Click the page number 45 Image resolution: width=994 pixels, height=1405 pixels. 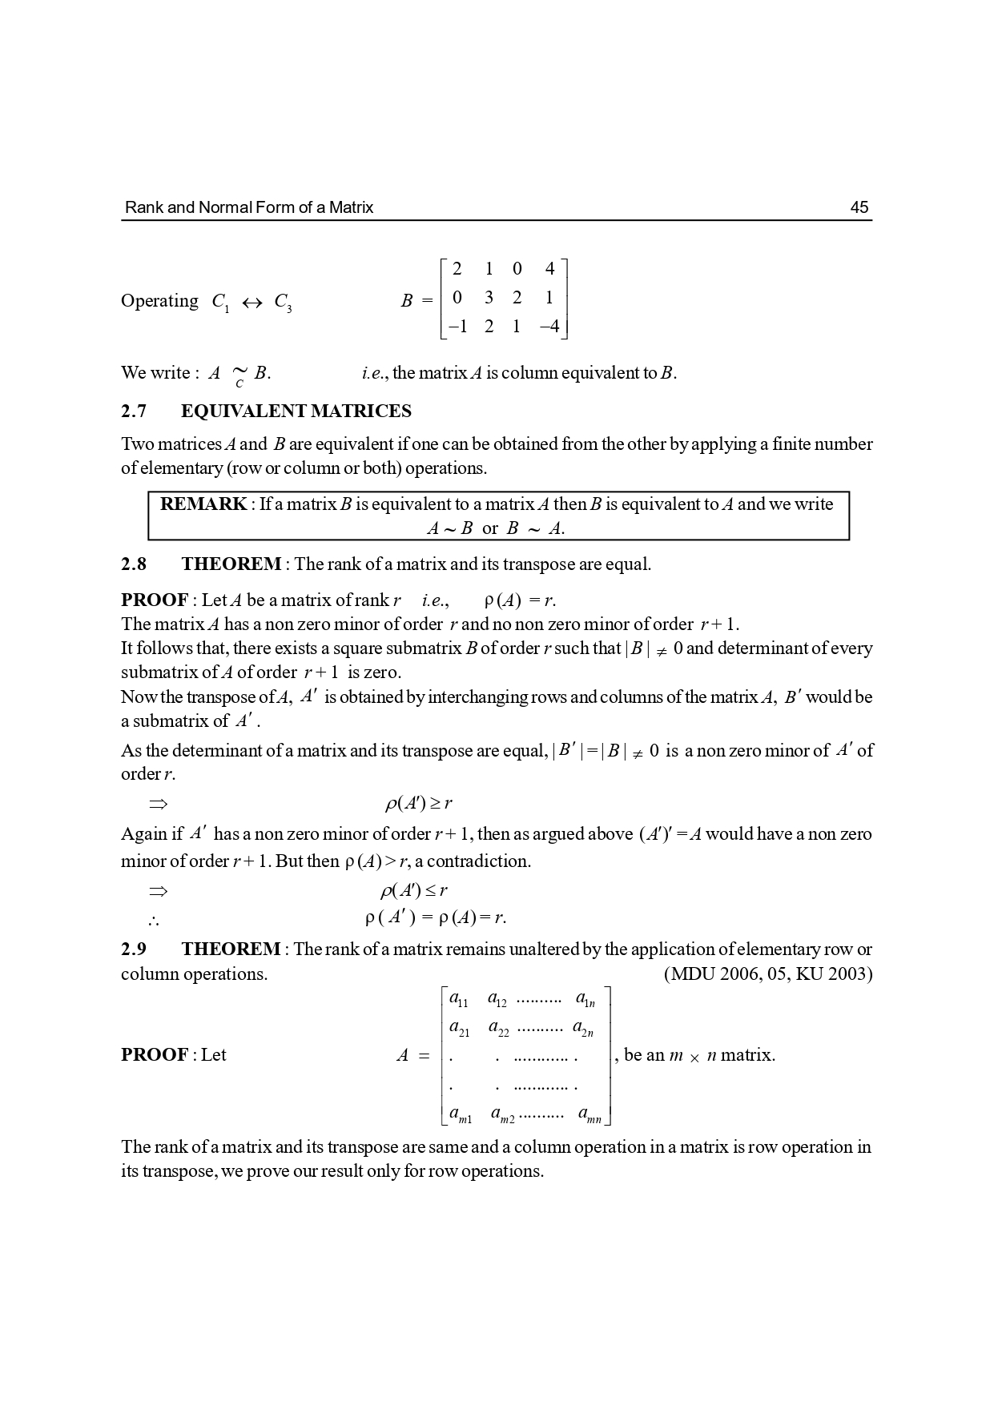859,207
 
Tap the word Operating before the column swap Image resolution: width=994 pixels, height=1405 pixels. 159,302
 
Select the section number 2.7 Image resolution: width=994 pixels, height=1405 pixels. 134,411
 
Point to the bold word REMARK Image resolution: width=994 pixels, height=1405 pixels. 203,504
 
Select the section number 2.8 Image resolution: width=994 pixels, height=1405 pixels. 134,564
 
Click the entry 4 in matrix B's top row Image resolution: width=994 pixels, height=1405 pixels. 549,269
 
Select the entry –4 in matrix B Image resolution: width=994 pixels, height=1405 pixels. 549,327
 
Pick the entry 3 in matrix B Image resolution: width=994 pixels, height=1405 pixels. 489,298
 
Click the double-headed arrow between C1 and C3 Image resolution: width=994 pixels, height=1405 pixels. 252,303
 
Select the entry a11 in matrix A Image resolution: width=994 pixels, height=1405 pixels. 459,1000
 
